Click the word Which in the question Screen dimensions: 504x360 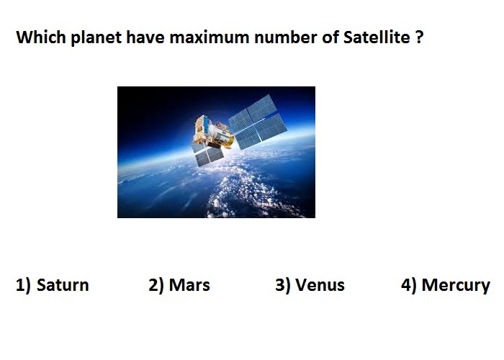pos(41,37)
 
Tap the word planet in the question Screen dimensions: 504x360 pos(96,38)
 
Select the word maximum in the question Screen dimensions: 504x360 pos(210,37)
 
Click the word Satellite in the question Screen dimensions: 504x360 pos(377,37)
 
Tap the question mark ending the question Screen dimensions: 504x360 pos(419,37)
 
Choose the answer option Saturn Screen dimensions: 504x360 pos(63,285)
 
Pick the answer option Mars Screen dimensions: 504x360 pos(189,285)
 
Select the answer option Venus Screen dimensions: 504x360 pos(320,285)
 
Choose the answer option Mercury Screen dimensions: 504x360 pos(456,286)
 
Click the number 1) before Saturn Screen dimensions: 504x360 pos(23,285)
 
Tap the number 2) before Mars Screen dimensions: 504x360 pos(156,285)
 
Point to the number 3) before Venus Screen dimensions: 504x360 pos(282,285)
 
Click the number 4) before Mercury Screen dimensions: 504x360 pos(408,285)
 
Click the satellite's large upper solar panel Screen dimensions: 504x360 pos(258,122)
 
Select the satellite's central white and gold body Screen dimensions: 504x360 pos(212,132)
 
